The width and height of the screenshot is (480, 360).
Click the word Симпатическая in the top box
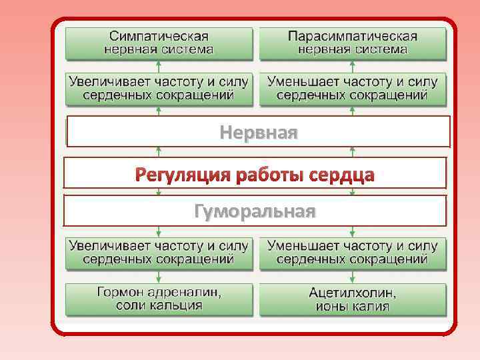pyautogui.click(x=159, y=36)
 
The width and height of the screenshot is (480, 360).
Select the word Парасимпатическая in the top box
pyautogui.click(x=353, y=36)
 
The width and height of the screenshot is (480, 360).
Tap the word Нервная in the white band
pyautogui.click(x=259, y=132)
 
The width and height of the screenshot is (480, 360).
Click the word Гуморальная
pyautogui.click(x=254, y=211)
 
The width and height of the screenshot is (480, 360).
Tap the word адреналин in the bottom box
pyautogui.click(x=185, y=293)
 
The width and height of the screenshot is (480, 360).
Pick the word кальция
pyautogui.click(x=175, y=305)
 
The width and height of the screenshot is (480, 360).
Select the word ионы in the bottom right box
pyautogui.click(x=331, y=305)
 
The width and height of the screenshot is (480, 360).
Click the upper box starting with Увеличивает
pyautogui.click(x=159, y=88)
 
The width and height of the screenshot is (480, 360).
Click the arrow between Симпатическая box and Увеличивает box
pyautogui.click(x=159, y=65)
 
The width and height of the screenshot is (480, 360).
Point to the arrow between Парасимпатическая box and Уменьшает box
pyautogui.click(x=353, y=65)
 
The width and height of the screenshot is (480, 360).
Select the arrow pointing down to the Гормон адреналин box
pyautogui.click(x=159, y=277)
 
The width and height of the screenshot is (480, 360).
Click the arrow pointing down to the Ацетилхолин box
pyautogui.click(x=353, y=277)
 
